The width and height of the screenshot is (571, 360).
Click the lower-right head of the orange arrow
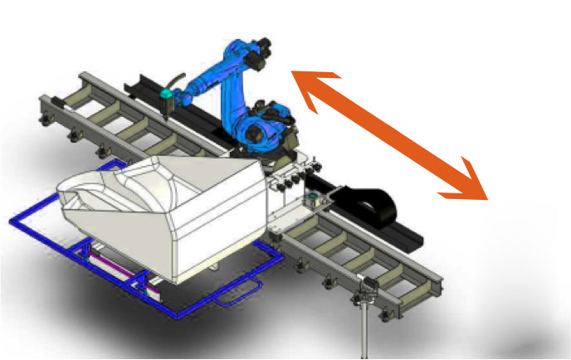pyautogui.click(x=470, y=187)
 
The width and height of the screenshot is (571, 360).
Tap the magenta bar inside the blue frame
pyautogui.click(x=116, y=265)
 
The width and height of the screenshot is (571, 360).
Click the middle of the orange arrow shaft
pyautogui.click(x=387, y=134)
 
